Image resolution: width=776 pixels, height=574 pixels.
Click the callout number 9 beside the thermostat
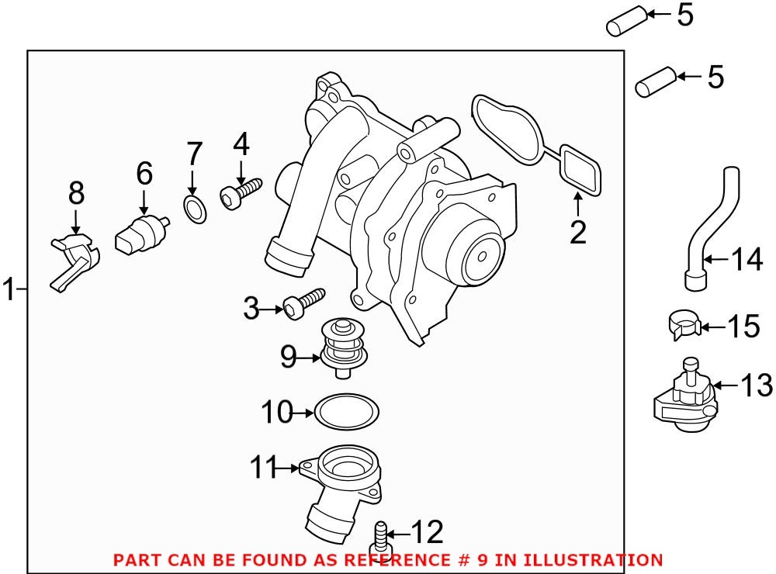point(289,357)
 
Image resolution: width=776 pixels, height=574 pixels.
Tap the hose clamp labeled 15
point(683,324)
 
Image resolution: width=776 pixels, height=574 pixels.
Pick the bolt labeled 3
point(303,303)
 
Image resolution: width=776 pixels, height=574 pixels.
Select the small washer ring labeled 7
point(195,209)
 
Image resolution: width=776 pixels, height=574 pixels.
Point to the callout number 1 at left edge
point(9,291)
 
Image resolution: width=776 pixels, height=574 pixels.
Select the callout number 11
point(265,468)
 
